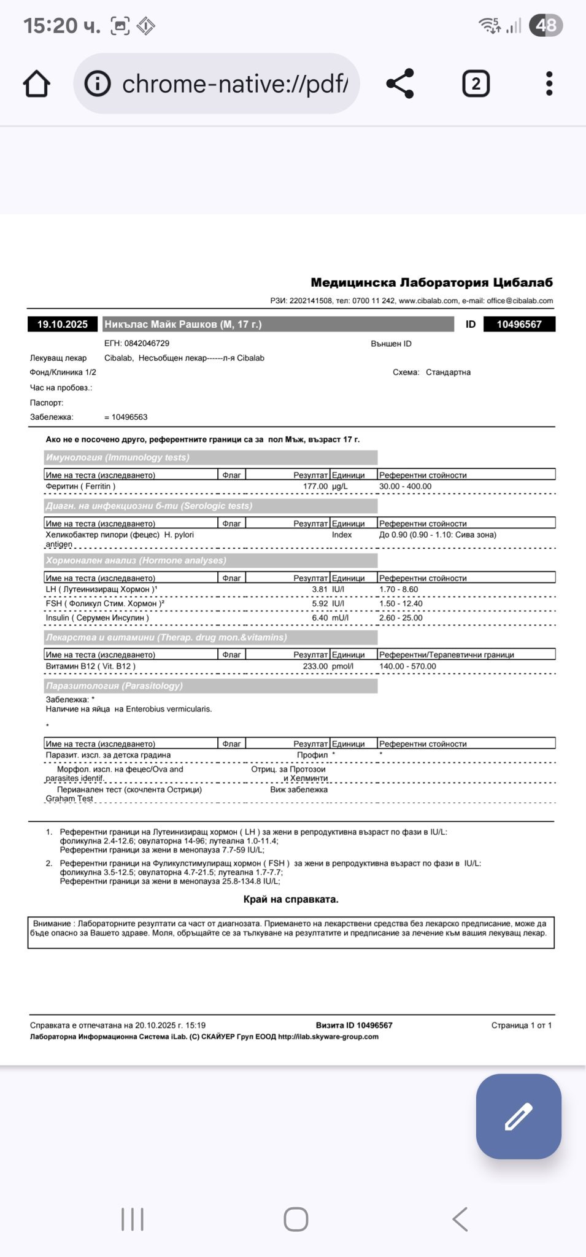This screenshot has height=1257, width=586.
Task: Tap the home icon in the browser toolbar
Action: pos(36,83)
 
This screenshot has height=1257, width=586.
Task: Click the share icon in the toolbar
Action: pos(400,83)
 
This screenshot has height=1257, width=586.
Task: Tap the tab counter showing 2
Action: pos(476,83)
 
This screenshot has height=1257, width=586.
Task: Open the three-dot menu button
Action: pos(549,83)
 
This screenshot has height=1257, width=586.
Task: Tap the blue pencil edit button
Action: pos(519,1116)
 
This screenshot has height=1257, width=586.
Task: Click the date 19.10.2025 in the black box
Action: pos(63,324)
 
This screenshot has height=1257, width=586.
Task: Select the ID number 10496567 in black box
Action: pos(519,324)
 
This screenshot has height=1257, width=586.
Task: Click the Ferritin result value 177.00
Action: pos(315,486)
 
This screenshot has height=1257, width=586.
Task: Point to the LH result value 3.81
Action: pos(320,589)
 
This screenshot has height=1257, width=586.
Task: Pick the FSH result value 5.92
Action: pos(320,603)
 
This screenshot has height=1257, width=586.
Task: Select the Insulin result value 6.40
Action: pos(320,617)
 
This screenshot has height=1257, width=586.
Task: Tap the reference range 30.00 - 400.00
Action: pos(405,486)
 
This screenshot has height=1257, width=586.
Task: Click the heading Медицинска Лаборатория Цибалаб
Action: pos(431,282)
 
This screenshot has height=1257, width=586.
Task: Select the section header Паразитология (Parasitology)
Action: pos(114,686)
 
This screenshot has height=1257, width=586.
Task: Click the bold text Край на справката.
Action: pos(291,899)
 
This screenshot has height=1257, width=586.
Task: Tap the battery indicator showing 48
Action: pos(546,25)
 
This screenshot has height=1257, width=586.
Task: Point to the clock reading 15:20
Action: pos(52,26)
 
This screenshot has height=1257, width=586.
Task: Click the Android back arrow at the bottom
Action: pos(460,1219)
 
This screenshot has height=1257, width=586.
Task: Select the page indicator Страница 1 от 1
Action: pos(521,1025)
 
